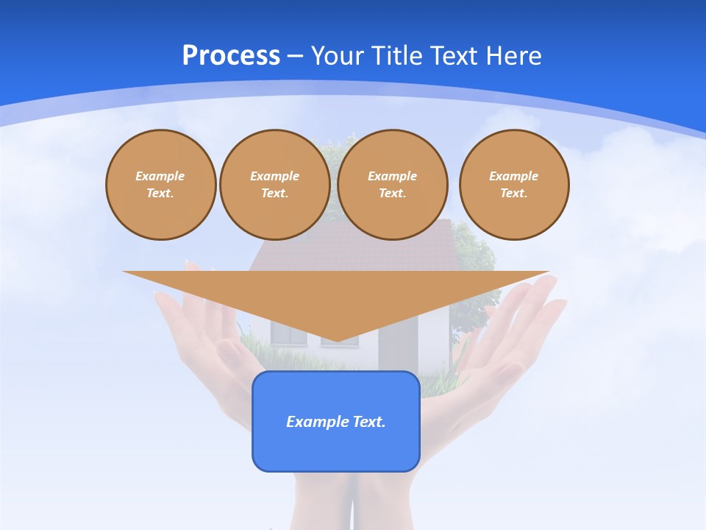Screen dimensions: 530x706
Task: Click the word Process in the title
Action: (231, 56)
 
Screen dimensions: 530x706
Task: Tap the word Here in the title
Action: (513, 56)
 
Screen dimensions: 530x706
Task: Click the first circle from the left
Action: (161, 185)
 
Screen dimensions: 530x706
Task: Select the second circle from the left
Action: (275, 185)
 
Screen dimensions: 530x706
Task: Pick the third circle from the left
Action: (393, 185)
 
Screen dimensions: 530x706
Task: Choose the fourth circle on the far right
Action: (514, 185)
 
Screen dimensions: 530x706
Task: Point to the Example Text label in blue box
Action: (336, 422)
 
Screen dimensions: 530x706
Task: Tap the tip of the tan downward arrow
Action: (336, 340)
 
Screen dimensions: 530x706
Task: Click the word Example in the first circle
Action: (160, 176)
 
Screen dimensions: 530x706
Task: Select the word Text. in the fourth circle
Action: (514, 193)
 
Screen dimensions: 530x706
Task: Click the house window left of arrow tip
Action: (289, 333)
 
